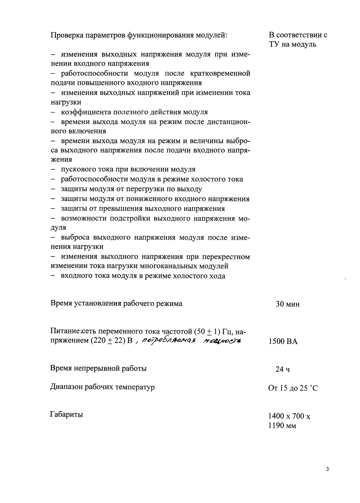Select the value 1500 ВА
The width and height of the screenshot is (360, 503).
[283, 342]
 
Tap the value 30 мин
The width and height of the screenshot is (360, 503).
[287, 304]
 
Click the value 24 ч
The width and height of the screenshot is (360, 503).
[283, 369]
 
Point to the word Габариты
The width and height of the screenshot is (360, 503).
[66, 414]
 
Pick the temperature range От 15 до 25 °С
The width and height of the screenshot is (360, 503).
[293, 388]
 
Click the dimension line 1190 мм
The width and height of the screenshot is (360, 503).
[282, 426]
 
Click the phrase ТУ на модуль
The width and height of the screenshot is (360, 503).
[292, 45]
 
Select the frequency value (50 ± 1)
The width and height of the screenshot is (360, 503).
[207, 331]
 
